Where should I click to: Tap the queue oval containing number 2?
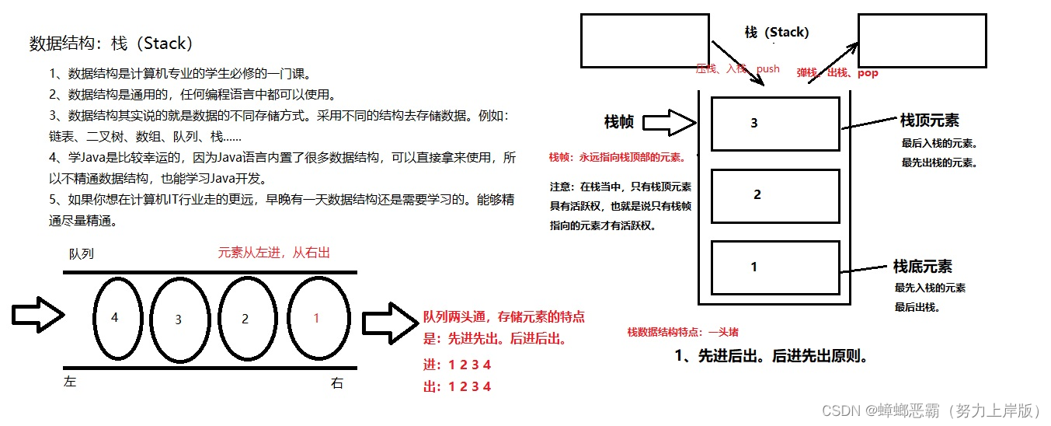(x=246, y=318)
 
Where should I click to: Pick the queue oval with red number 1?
(x=315, y=318)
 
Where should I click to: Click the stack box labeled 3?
(x=775, y=124)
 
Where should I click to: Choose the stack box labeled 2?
(x=775, y=196)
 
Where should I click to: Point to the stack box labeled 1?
(x=775, y=267)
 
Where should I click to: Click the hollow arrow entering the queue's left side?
(x=37, y=315)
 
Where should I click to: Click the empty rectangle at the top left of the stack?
(x=645, y=40)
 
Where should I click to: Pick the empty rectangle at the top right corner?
(x=921, y=40)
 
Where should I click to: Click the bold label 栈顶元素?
(x=929, y=120)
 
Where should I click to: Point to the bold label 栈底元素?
(x=922, y=267)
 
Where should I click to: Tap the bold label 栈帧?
(x=619, y=122)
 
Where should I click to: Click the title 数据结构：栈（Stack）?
(x=111, y=44)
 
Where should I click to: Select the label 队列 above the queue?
(x=82, y=254)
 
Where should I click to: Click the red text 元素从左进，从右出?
(x=274, y=253)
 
